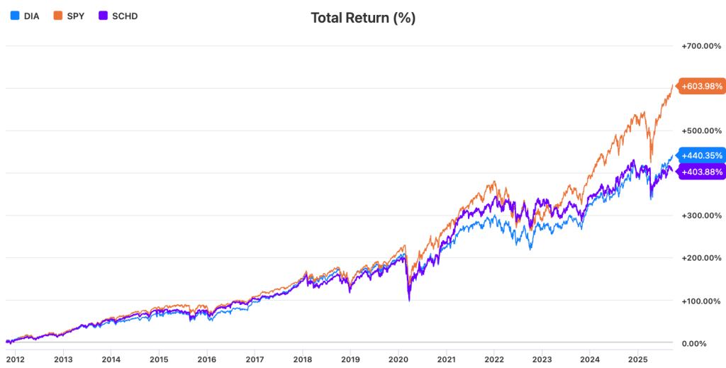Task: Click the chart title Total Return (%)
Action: tap(363, 18)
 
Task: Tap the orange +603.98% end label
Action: tap(700, 87)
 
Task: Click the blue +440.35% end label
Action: tap(700, 155)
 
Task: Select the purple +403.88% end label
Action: tap(700, 171)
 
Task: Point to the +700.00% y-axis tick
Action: tap(702, 46)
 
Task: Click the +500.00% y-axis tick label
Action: tap(702, 131)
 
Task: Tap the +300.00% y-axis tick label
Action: tap(702, 216)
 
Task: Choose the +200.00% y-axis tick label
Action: tap(702, 258)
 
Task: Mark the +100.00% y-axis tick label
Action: tap(702, 301)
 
